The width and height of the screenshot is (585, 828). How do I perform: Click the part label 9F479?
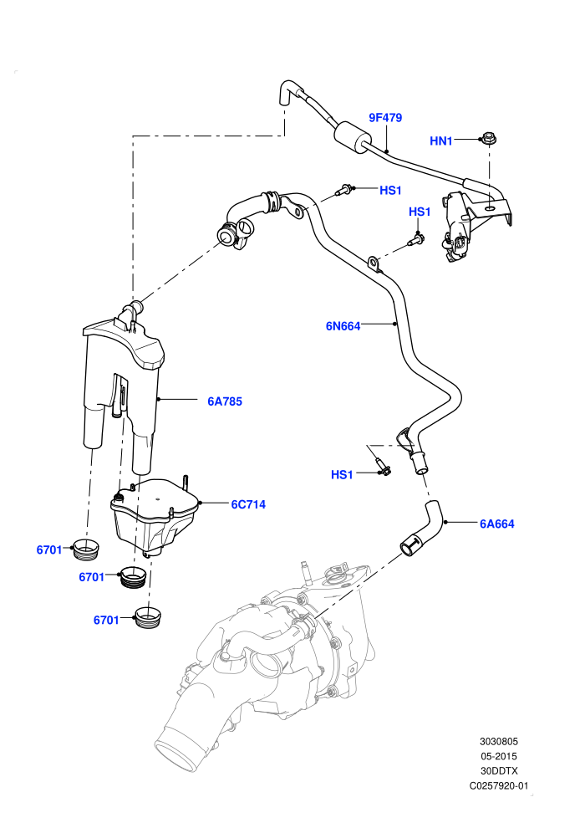[x=385, y=117]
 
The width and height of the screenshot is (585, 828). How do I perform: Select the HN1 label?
[x=441, y=141]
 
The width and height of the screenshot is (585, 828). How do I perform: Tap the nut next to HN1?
[x=488, y=140]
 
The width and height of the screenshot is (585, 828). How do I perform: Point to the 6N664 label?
[x=343, y=326]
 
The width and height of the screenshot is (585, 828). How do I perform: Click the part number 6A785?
[x=225, y=401]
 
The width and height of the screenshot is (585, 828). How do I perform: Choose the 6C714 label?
[x=248, y=504]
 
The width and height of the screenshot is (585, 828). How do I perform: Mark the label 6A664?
[x=497, y=524]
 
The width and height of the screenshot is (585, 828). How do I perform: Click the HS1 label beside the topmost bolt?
[x=390, y=190]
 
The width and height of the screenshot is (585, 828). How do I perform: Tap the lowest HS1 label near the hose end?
[x=342, y=475]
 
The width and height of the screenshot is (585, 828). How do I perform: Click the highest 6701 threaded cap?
[x=84, y=550]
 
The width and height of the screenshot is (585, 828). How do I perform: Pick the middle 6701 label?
[x=92, y=577]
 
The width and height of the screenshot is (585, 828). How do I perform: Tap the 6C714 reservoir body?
[x=154, y=515]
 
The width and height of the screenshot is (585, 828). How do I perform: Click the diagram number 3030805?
[x=498, y=741]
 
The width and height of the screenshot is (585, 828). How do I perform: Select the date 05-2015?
[x=498, y=756]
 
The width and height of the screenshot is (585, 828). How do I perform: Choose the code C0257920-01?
[x=498, y=785]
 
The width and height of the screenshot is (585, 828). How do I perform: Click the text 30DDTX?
[x=498, y=771]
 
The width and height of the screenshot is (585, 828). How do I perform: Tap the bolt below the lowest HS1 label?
[x=382, y=466]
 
